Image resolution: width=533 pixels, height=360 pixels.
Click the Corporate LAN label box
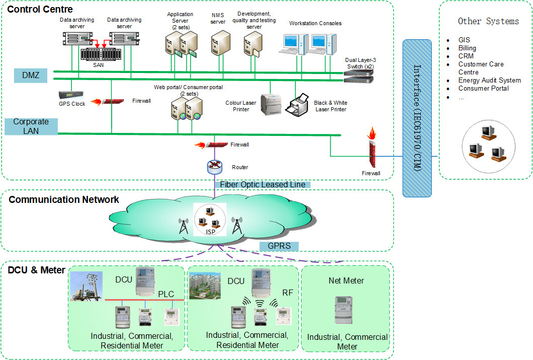click(31, 126)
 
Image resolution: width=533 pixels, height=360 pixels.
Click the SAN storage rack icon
click(101, 53)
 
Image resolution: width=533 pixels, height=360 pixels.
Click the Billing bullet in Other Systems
click(467, 48)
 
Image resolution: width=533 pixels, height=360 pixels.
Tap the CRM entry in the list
click(466, 56)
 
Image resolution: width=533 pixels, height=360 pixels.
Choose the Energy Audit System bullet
click(489, 80)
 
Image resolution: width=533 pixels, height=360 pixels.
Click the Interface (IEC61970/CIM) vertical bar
click(417, 118)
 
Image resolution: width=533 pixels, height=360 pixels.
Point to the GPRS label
click(279, 246)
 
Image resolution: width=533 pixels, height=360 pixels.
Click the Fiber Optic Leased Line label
click(262, 184)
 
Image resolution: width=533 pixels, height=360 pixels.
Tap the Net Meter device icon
click(345, 310)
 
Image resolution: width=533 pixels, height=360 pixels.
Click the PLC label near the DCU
click(166, 294)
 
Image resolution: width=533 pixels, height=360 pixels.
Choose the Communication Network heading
click(64, 199)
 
